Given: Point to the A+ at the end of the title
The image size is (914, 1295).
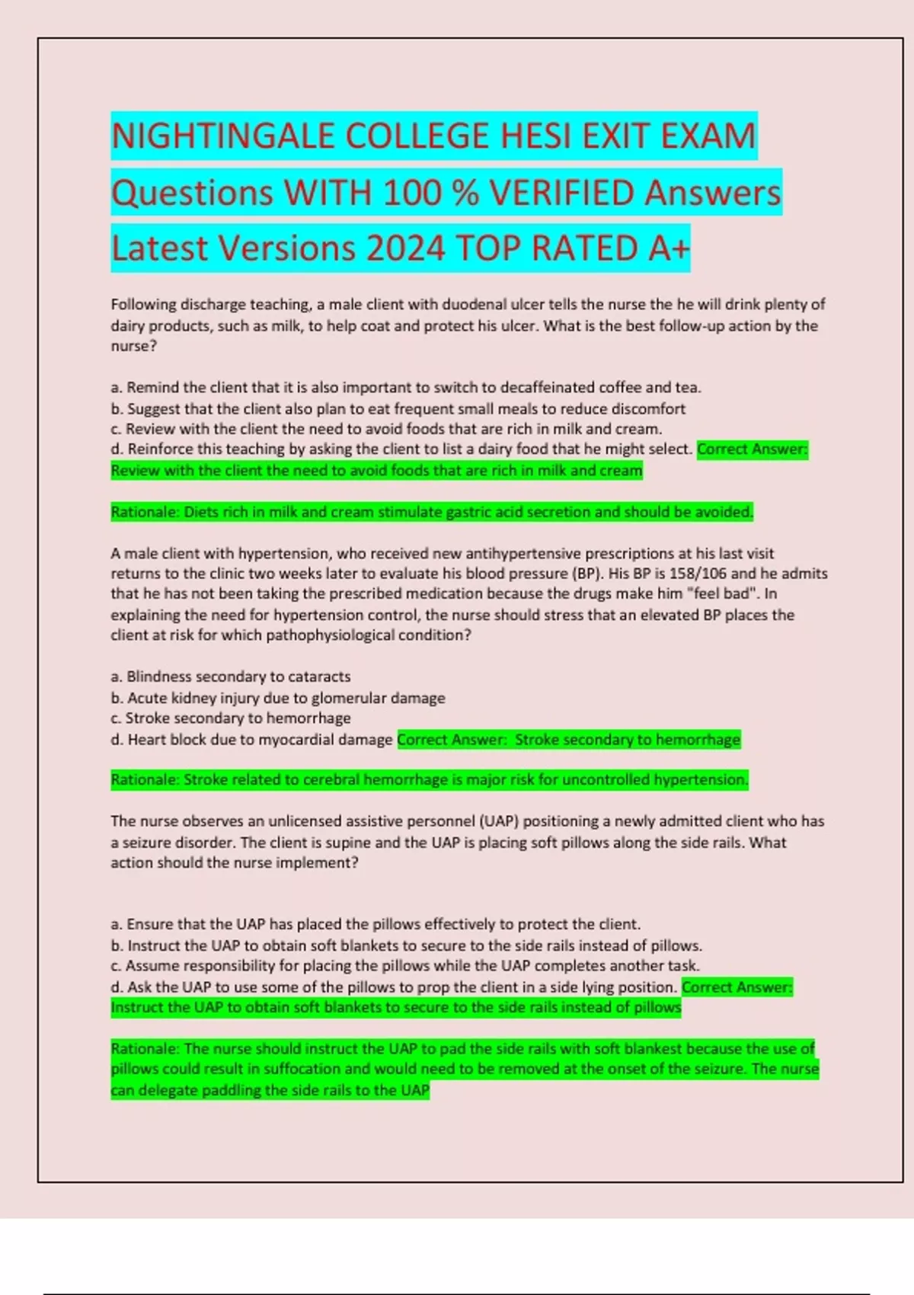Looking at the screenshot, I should point(670,248).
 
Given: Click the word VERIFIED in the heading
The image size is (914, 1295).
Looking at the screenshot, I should point(562,193).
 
